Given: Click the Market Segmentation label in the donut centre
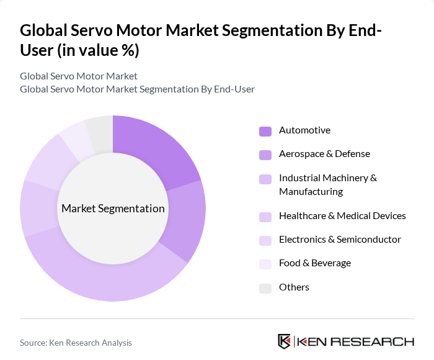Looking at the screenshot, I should pyautogui.click(x=113, y=209).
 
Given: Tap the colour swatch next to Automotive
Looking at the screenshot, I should pyautogui.click(x=265, y=131).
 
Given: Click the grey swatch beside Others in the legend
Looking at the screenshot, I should pyautogui.click(x=265, y=288).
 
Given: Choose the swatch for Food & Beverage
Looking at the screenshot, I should pyautogui.click(x=265, y=264).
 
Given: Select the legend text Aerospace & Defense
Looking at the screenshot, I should pyautogui.click(x=324, y=154).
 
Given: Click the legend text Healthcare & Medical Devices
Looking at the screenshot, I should pyautogui.click(x=342, y=216).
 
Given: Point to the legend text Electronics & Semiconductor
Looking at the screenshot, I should pyautogui.click(x=340, y=240).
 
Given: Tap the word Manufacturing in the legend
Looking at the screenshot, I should pyautogui.click(x=311, y=192).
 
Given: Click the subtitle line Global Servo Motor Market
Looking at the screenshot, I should pyautogui.click(x=79, y=76).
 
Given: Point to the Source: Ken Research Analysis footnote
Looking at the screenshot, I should pyautogui.click(x=76, y=343).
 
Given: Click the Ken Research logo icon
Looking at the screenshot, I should pyautogui.click(x=285, y=341).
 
